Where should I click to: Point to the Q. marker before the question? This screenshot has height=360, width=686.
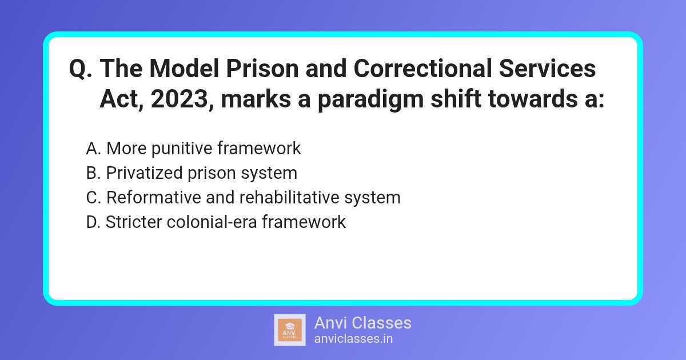[81, 70]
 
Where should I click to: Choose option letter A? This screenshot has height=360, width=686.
[93, 149]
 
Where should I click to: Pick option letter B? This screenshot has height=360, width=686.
[93, 173]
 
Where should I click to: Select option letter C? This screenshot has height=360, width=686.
[93, 198]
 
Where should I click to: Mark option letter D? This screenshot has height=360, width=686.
[93, 222]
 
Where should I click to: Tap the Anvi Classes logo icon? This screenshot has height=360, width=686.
[290, 330]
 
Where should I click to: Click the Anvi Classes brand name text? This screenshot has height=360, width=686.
[362, 323]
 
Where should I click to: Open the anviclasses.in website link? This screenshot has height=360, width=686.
[353, 338]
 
